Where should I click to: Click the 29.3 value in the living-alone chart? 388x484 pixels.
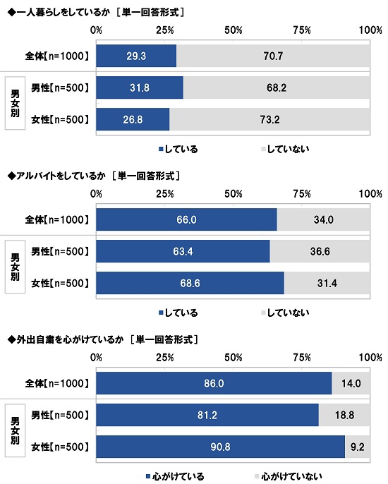point(136,54)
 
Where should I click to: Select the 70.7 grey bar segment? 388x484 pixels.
point(272,54)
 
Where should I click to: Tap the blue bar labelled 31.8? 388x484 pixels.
point(140,88)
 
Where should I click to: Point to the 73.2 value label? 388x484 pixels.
point(269,119)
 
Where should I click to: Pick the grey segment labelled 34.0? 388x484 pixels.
point(323,220)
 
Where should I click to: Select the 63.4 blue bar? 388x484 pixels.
point(183,252)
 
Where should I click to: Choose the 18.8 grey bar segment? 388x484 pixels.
point(344,415)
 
